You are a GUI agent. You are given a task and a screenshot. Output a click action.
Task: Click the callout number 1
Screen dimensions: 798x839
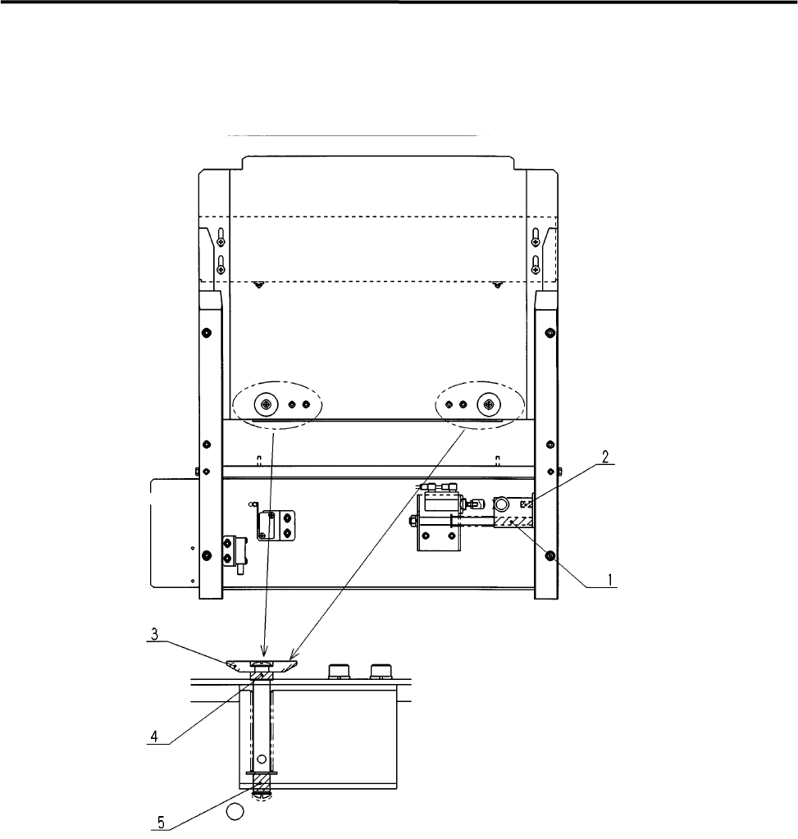pos(609,579)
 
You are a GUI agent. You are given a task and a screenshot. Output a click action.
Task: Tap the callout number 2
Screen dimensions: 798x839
pos(605,457)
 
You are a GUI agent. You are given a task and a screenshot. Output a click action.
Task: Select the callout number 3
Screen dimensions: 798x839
pos(154,635)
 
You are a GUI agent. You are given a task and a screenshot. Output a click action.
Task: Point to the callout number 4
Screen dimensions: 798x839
pos(154,736)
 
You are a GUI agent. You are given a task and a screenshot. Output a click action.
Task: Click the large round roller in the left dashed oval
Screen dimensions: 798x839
pos(266,404)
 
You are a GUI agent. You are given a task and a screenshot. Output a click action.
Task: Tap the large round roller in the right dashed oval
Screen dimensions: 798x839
pos(488,404)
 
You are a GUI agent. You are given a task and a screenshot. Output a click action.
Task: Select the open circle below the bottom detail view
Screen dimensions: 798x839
pos(235,812)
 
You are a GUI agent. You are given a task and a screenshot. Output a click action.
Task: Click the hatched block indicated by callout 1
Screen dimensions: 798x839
pos(513,521)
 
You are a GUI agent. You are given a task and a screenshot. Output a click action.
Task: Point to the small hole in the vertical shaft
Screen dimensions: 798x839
pos(261,759)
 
